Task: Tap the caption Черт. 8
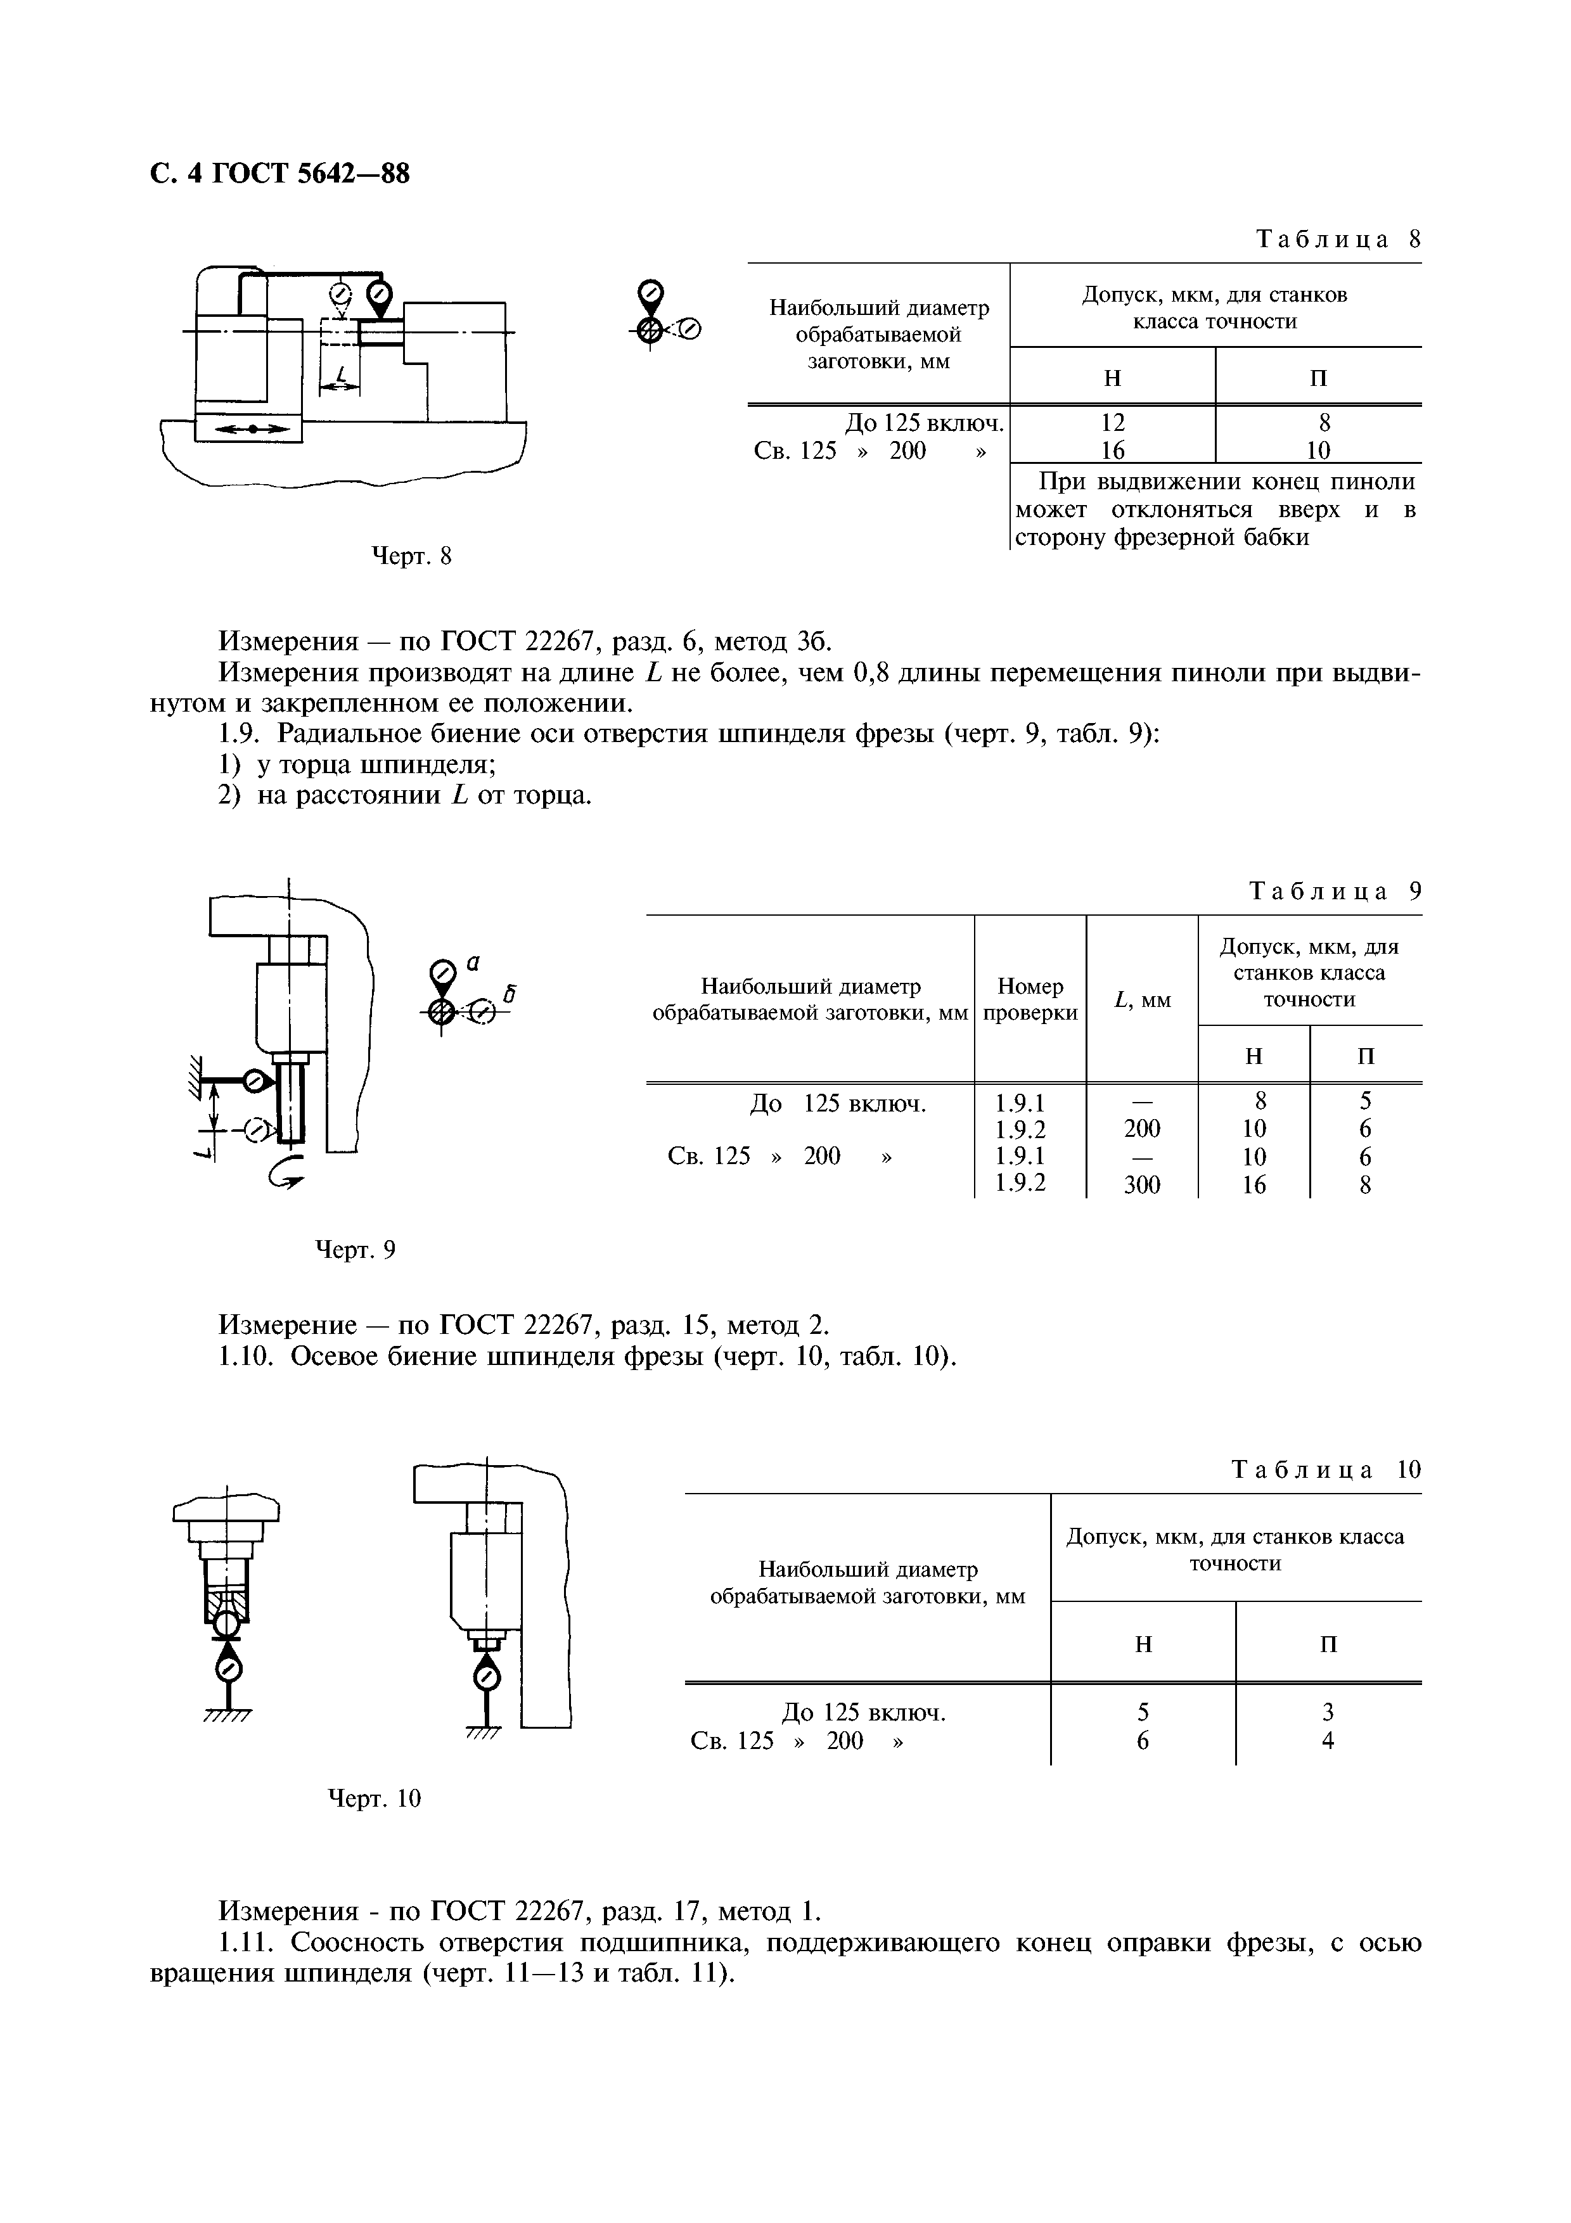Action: pos(413,556)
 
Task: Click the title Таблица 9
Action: pos(1335,891)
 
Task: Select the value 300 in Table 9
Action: pos(1142,1185)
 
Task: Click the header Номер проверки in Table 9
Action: pos(1030,999)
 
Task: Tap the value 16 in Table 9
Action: pos(1254,1185)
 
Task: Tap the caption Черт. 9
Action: pos(356,1251)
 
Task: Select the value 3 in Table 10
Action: pos(1328,1713)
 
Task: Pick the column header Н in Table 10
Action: pos(1143,1644)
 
